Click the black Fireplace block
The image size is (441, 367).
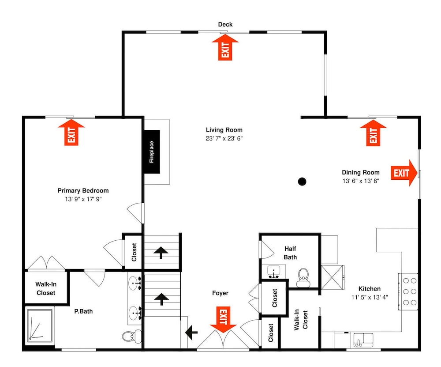tap(152, 152)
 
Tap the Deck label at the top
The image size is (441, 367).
tap(225, 24)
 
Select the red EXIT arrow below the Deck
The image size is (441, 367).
tap(225, 48)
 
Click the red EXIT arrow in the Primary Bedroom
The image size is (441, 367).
tap(71, 132)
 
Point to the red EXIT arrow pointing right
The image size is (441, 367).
tap(404, 173)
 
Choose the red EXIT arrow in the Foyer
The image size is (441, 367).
tap(223, 320)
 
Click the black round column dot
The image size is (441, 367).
tap(302, 182)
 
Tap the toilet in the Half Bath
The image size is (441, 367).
tap(303, 277)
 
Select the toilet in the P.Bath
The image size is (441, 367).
tap(131, 336)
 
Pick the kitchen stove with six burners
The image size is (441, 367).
tap(408, 291)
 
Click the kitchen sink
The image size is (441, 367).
tap(363, 340)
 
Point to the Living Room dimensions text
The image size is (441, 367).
tap(224, 139)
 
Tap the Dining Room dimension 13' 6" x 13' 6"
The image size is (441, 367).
tap(361, 181)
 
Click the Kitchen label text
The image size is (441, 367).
tap(370, 289)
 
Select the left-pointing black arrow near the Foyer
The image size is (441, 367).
tap(191, 333)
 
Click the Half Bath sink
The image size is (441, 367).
tap(273, 272)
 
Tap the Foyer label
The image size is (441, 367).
tap(220, 293)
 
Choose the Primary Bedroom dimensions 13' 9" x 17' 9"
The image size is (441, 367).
tap(83, 199)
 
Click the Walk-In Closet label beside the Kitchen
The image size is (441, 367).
tap(301, 320)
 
